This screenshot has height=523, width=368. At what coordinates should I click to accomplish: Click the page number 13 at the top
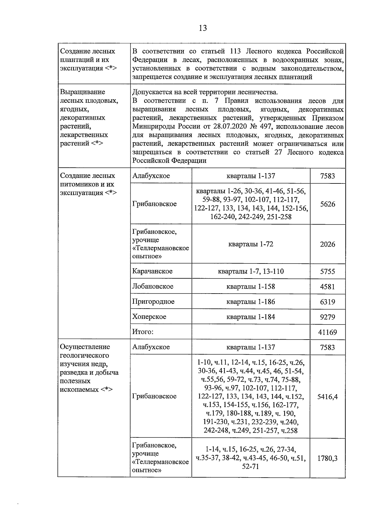203,28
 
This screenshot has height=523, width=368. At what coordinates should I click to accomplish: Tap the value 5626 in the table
328,204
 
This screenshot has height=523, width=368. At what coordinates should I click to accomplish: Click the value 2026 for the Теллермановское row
328,244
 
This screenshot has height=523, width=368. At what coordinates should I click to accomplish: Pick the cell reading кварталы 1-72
251,244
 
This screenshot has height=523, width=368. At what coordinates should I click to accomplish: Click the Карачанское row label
152,271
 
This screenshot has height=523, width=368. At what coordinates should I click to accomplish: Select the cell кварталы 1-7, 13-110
251,271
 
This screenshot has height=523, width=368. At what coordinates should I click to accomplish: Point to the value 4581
328,286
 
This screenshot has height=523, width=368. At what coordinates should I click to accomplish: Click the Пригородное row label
153,301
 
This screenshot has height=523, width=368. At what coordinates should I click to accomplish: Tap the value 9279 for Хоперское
328,317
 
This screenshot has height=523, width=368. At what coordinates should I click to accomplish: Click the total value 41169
328,332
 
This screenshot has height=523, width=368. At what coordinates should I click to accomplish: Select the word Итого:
143,332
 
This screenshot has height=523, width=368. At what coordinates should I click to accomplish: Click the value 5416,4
328,396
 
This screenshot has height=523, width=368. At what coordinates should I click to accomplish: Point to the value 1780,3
328,458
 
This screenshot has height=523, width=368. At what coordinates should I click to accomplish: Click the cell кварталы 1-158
251,286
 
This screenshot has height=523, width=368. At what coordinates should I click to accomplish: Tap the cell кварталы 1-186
251,302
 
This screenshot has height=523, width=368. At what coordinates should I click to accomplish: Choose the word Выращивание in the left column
82,92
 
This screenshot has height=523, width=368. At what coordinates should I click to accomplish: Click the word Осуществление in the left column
85,347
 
